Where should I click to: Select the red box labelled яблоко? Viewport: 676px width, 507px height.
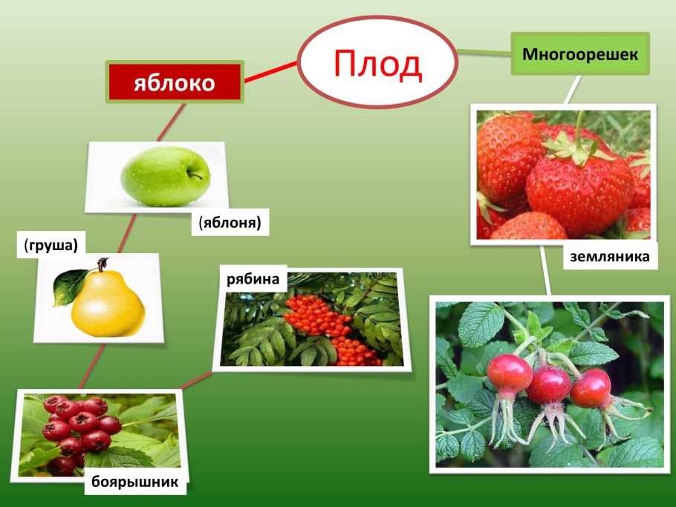pyautogui.click(x=175, y=82)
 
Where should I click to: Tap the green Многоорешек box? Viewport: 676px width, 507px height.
pyautogui.click(x=580, y=54)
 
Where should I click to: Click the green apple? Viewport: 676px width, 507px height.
pyautogui.click(x=165, y=177)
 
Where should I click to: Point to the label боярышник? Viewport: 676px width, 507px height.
pyautogui.click(x=135, y=482)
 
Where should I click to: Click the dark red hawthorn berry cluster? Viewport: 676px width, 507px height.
pyautogui.click(x=78, y=431)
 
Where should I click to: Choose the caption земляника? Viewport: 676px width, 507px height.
pyautogui.click(x=610, y=257)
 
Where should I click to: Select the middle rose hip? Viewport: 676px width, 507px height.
pyautogui.click(x=549, y=384)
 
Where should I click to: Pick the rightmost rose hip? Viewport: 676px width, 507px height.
pyautogui.click(x=591, y=387)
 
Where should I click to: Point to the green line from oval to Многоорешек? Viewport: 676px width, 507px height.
pyautogui.click(x=484, y=53)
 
